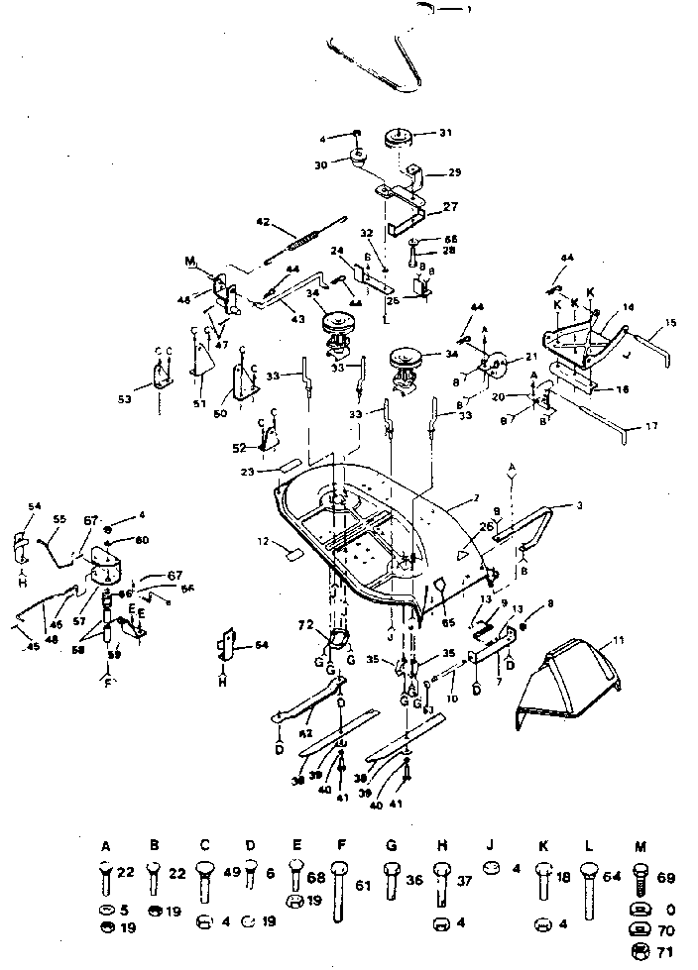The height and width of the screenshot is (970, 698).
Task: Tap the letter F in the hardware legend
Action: point(341,846)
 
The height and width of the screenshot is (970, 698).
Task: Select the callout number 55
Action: point(58,518)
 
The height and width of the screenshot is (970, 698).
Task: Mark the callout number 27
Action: point(449,207)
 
